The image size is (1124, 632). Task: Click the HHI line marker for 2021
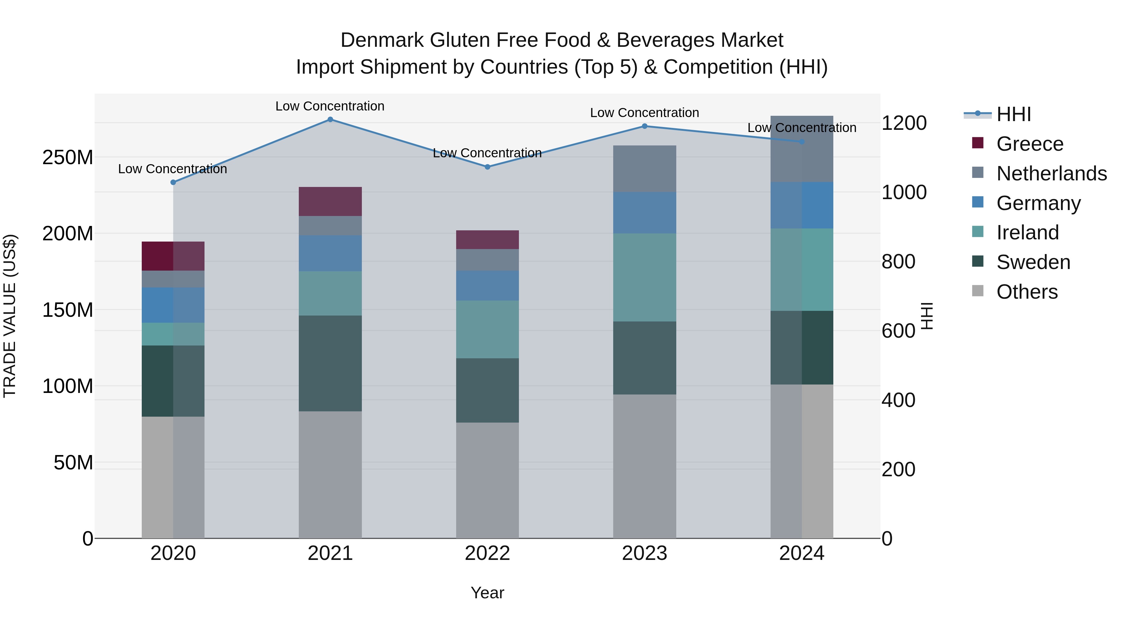pos(330,120)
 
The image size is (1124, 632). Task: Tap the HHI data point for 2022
pos(487,167)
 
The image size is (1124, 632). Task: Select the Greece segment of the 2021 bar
pos(330,202)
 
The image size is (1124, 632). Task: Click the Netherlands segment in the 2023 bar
pos(644,169)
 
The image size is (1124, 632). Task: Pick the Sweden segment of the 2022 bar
pos(487,390)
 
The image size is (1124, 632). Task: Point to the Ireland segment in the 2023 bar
pos(644,277)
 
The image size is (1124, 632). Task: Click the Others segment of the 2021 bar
pos(330,474)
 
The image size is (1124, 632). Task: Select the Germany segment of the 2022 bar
pos(487,285)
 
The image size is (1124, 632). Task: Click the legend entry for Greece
pos(1030,144)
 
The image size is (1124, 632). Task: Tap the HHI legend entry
pos(1013,114)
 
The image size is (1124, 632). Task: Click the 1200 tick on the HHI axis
pos(904,123)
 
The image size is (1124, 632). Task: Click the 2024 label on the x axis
pos(801,553)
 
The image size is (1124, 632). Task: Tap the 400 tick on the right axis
pos(898,400)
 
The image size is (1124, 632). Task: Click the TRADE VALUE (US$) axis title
pos(10,316)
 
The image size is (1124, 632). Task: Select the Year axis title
pos(487,593)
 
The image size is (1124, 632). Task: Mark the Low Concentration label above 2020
pos(172,169)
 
